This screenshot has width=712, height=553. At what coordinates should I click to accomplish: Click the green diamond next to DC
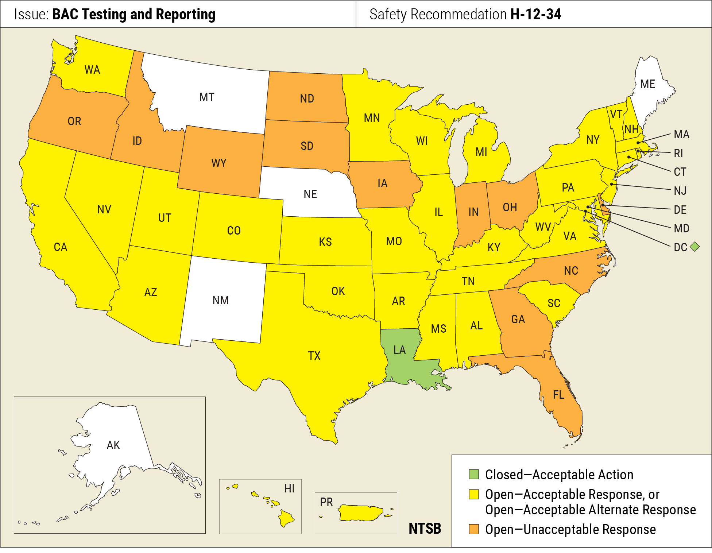(695, 247)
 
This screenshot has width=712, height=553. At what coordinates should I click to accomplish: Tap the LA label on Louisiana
(399, 350)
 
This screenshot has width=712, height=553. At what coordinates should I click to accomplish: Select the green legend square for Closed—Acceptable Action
(473, 474)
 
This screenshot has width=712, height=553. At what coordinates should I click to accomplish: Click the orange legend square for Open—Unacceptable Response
(473, 529)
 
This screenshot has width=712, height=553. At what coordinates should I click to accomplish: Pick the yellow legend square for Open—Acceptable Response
(473, 494)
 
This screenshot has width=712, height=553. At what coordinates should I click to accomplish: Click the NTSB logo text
(425, 529)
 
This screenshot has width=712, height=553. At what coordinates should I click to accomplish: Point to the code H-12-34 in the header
(535, 14)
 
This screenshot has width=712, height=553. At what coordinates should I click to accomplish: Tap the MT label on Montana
(206, 97)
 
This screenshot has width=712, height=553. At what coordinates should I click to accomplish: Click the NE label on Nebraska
(310, 194)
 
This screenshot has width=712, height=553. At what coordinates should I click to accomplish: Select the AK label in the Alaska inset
(113, 445)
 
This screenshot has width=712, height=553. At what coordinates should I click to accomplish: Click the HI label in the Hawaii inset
(289, 488)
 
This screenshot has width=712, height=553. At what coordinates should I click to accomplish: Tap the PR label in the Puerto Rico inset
(326, 502)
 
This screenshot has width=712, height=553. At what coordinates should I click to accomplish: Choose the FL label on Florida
(558, 395)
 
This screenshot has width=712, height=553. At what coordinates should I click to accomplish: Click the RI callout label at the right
(678, 153)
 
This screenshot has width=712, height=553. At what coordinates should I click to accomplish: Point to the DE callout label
(680, 210)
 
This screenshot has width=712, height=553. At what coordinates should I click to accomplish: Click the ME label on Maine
(647, 84)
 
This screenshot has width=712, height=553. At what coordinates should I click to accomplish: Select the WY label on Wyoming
(218, 163)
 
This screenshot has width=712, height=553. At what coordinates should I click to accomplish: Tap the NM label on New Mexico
(220, 300)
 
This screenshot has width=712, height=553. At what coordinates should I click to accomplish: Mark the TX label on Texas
(314, 356)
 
